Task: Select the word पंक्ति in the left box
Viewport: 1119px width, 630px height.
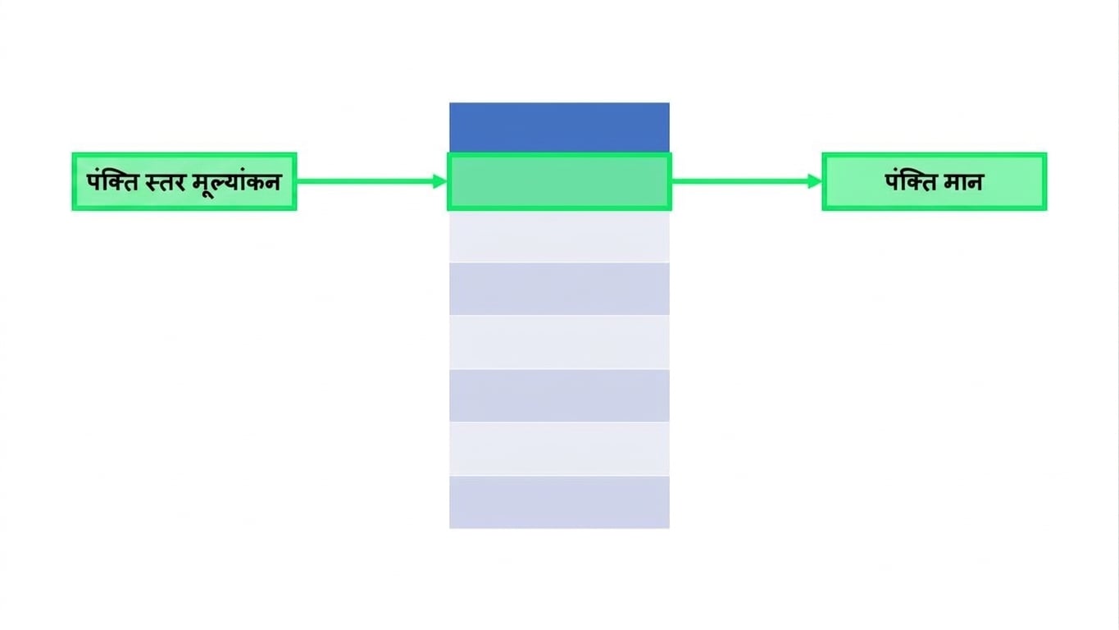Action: [x=112, y=181]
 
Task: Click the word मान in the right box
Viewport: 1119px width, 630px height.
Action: [x=962, y=182]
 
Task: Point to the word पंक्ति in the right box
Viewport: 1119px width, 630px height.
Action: [x=912, y=181]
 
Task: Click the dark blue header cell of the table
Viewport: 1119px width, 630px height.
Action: [x=559, y=128]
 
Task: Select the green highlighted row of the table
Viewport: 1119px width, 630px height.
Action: [x=559, y=181]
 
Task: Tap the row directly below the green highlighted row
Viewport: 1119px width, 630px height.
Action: [x=559, y=236]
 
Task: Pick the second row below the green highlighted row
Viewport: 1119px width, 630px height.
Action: [x=559, y=289]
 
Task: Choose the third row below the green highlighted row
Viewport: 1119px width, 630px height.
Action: [x=559, y=343]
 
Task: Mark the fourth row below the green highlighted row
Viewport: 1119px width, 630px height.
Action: [x=559, y=395]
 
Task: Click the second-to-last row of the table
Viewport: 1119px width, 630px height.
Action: [x=559, y=449]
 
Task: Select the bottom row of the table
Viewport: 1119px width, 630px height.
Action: [x=559, y=502]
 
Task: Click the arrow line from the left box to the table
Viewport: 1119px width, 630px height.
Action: [x=371, y=181]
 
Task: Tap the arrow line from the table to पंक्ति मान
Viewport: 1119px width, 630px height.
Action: [x=747, y=181]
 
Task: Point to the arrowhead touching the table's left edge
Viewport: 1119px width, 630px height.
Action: [x=440, y=181]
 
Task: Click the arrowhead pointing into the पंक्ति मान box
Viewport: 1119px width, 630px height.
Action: [x=815, y=181]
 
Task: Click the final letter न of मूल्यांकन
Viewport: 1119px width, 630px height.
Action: [x=272, y=182]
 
